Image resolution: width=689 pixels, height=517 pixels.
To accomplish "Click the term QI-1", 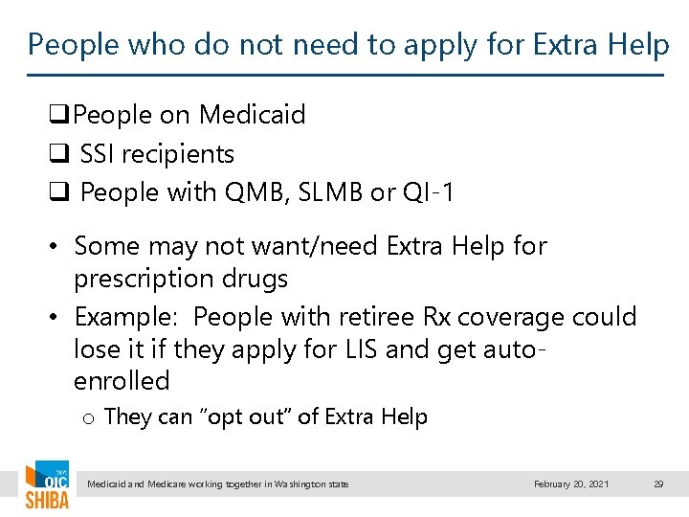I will [428, 192].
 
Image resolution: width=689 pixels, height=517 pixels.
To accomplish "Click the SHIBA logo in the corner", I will [46, 486].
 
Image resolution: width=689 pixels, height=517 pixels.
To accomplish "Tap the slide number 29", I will [658, 484].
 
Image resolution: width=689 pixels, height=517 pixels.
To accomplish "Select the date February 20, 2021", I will [571, 484].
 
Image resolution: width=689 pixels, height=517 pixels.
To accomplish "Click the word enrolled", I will [122, 380].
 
